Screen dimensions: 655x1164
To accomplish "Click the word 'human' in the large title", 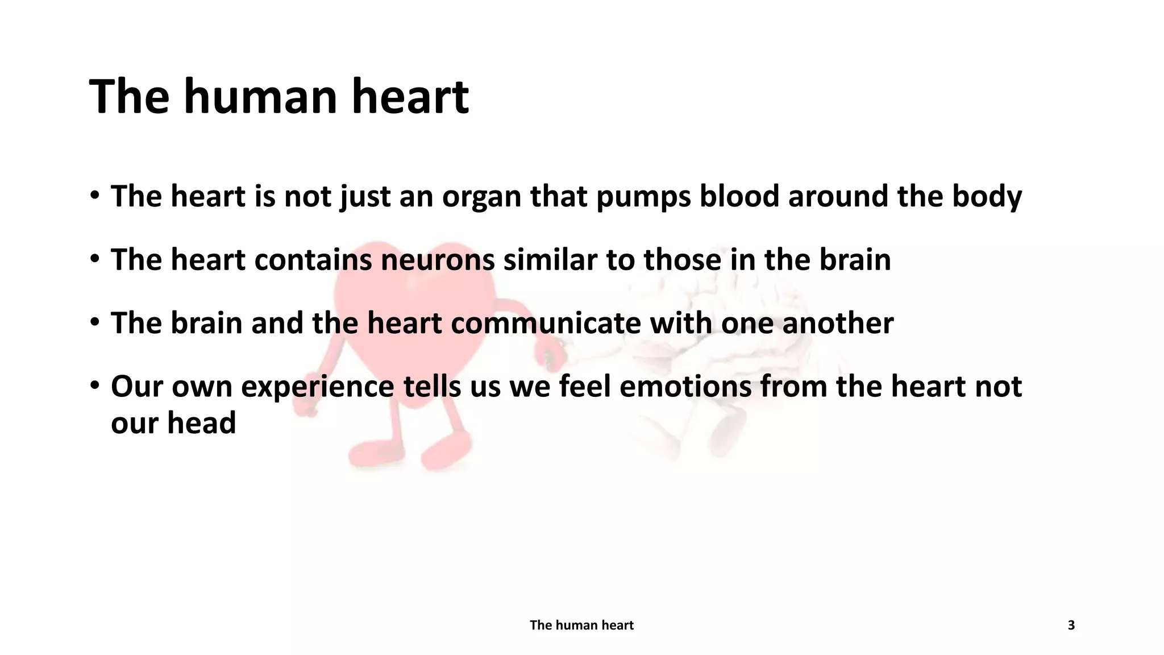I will [261, 97].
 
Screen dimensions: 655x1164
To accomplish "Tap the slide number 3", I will [1071, 625].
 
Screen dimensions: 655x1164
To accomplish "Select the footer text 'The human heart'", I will [581, 625].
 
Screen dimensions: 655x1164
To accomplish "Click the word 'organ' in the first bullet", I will [481, 197].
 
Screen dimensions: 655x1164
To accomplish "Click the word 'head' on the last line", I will [201, 423].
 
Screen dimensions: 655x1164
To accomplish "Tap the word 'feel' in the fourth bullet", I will [585, 387].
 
